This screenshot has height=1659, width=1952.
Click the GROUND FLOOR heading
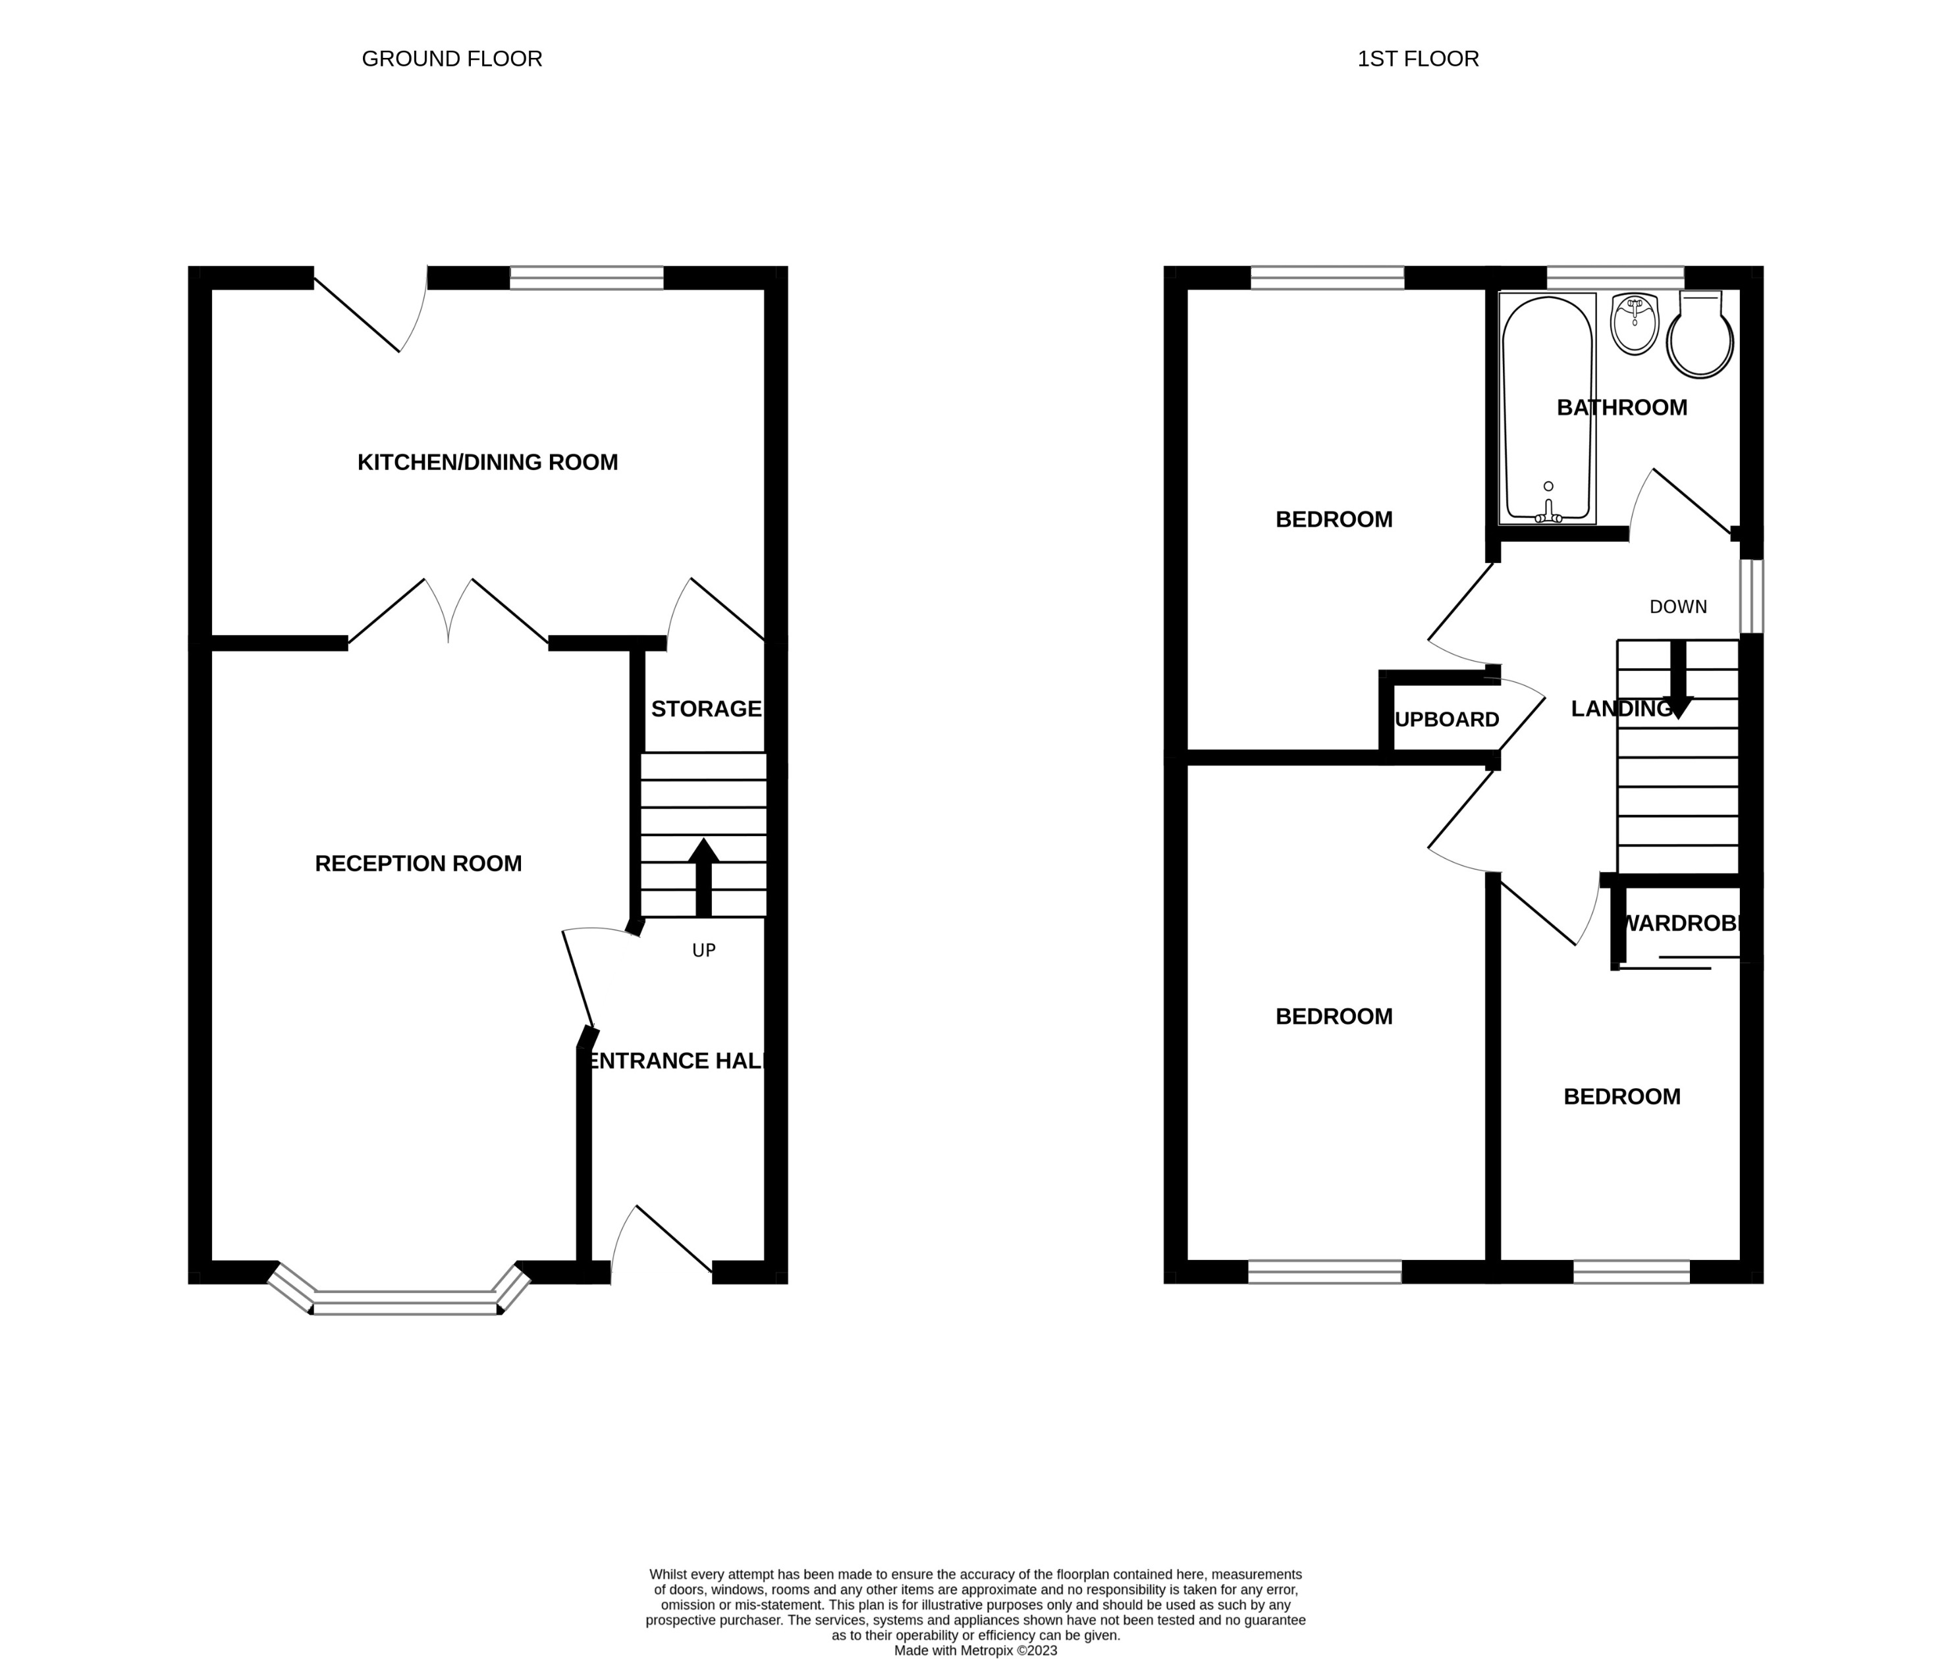(452, 59)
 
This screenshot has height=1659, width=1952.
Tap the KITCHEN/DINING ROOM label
(487, 461)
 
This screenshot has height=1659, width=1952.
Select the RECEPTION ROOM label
(418, 863)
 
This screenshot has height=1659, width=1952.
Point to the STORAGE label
(705, 709)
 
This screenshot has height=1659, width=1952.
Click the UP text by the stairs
(703, 951)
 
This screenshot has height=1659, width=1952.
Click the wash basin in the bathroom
(1634, 323)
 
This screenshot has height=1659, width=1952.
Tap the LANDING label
(1620, 709)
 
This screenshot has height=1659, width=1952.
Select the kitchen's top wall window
(586, 277)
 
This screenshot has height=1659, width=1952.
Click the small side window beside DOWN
(1750, 596)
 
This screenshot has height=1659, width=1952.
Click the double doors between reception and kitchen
(448, 612)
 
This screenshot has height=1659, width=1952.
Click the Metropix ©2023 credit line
(975, 1650)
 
